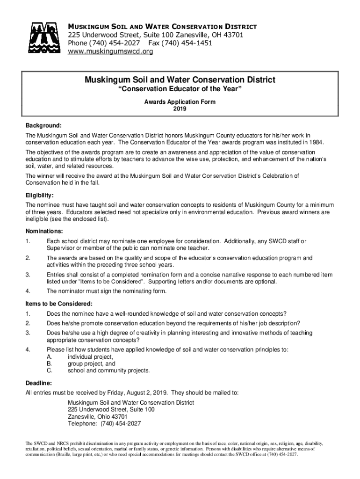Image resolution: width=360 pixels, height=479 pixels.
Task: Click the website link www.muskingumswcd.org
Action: (x=110, y=51)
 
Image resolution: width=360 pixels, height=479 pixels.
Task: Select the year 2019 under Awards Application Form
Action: (x=180, y=109)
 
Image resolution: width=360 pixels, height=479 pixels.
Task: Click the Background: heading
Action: (x=43, y=126)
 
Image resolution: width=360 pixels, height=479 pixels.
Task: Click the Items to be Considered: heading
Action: (x=58, y=303)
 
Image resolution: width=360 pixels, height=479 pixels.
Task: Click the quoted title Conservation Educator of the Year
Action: (x=180, y=90)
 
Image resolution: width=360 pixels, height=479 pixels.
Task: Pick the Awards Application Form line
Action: (x=180, y=102)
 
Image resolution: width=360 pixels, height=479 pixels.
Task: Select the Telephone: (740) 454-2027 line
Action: (x=104, y=424)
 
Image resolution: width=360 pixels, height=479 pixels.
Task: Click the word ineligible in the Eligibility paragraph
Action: (x=38, y=219)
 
